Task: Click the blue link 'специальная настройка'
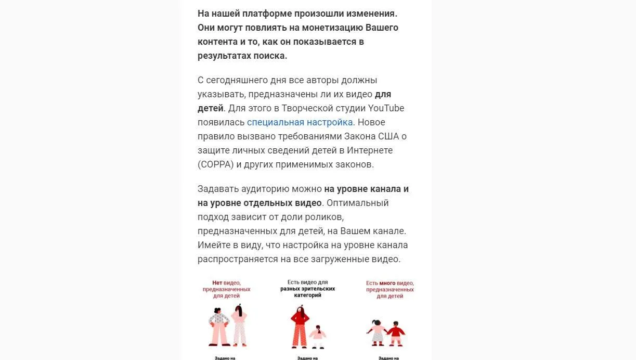(x=300, y=123)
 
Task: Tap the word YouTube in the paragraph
(x=386, y=109)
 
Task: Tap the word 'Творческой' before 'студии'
(x=310, y=109)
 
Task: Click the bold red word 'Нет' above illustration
(x=217, y=283)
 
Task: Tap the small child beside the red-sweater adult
(x=317, y=337)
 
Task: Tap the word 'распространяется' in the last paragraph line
(x=235, y=259)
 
